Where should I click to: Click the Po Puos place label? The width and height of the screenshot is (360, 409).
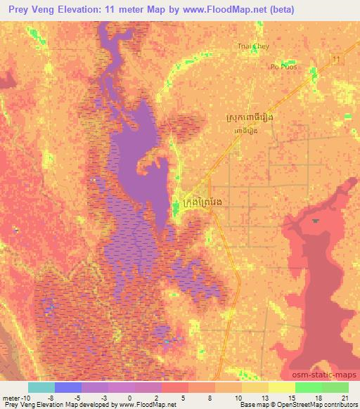click(283, 67)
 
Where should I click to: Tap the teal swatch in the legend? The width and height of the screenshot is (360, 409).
click(41, 387)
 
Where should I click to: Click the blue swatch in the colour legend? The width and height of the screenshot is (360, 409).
click(67, 387)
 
